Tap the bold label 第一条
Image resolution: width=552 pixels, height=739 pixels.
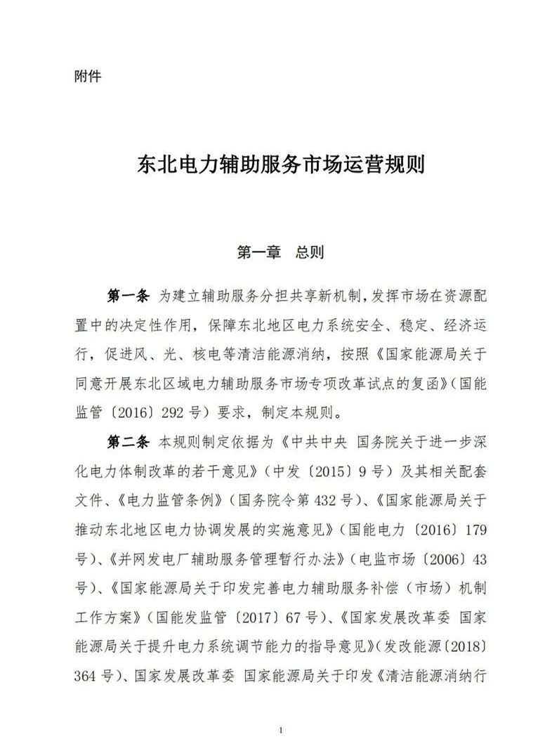(128, 296)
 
